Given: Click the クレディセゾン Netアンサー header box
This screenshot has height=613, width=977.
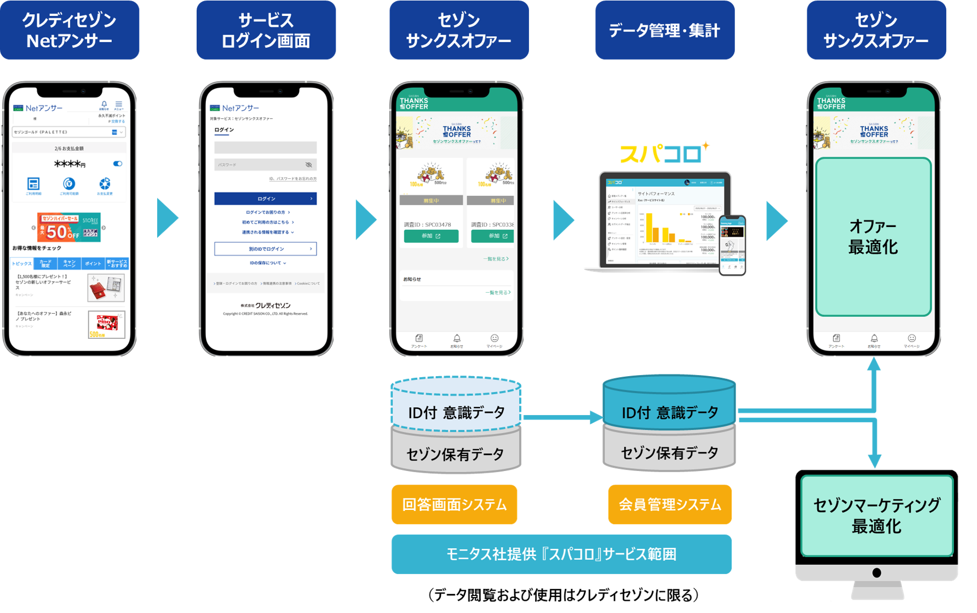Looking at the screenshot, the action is coord(70,30).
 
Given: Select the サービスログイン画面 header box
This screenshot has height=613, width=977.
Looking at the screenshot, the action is coord(266,30).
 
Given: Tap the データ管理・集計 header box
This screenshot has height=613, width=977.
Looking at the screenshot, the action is coord(664,30).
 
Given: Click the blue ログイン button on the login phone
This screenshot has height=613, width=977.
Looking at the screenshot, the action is coord(265,198).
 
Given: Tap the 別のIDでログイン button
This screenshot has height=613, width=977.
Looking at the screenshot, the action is coord(265,249).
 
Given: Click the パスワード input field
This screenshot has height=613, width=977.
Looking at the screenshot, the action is coord(265,164).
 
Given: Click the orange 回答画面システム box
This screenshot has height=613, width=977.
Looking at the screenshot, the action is coord(454,504).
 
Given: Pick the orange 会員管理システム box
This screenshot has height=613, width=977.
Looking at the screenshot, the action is coord(669,504).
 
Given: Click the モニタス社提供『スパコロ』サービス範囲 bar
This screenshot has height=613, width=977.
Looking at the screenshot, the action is coord(561,554).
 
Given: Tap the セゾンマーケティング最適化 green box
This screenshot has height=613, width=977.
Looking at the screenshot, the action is coord(876,515).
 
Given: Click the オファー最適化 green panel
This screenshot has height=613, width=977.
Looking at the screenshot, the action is coord(873,237).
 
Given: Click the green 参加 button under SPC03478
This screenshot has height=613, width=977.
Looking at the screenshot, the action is coord(431,236).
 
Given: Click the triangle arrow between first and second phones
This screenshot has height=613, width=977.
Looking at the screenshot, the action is coord(167,218).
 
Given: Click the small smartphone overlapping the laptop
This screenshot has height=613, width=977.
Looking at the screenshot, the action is coord(732,245).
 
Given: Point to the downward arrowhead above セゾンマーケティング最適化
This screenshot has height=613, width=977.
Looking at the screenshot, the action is coord(875,461).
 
